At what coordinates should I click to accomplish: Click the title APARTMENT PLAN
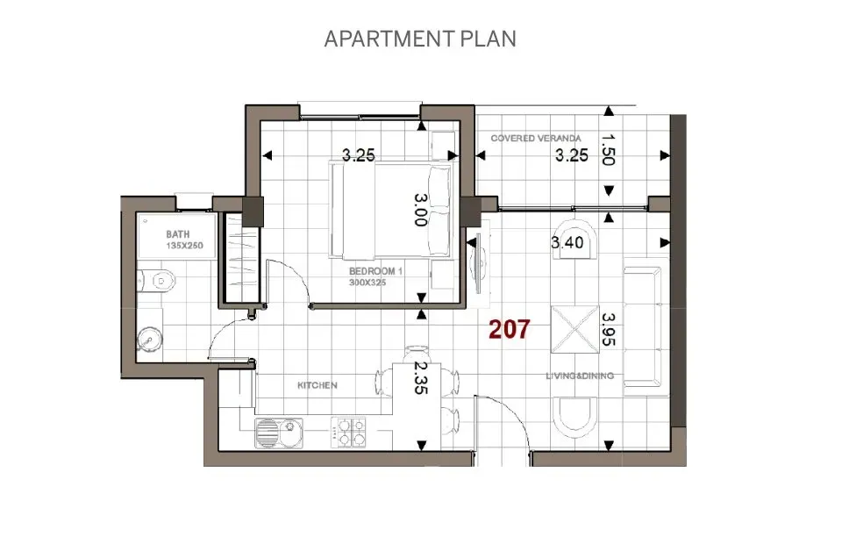420,39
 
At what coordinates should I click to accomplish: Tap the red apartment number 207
510,330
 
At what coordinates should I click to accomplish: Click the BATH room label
178,235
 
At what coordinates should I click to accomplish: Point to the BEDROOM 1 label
375,272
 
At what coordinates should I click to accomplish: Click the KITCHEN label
317,385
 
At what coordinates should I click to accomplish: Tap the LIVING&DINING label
580,376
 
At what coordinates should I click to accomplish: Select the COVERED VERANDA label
535,138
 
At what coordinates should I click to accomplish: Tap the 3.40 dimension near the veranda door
567,242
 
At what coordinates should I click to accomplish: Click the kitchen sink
279,431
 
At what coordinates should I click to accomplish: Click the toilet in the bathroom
161,282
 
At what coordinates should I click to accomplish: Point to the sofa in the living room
644,326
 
